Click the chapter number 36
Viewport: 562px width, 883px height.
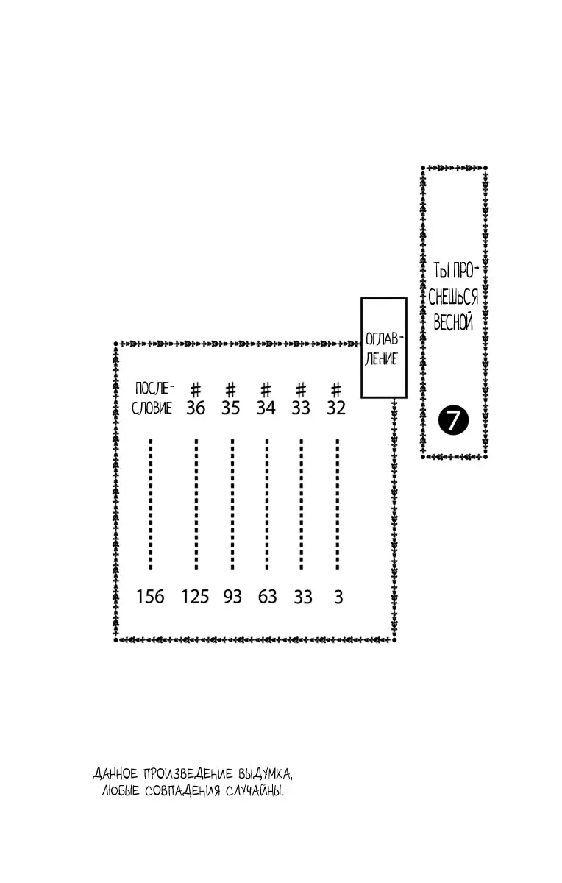point(196,408)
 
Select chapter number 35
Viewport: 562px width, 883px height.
point(230,408)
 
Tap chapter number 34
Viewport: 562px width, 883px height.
point(266,408)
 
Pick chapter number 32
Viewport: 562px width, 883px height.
point(336,408)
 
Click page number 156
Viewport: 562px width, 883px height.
point(150,597)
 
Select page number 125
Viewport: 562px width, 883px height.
point(195,597)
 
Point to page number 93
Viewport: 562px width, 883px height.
point(232,597)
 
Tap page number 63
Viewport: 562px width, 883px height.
point(268,597)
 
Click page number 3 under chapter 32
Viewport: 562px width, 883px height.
point(338,597)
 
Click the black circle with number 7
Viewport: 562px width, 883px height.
point(453,420)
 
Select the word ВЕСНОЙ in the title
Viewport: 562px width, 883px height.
point(453,322)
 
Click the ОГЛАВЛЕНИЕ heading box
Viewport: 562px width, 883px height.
point(384,347)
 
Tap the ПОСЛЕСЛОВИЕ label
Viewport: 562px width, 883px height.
point(153,399)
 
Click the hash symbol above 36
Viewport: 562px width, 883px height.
point(196,390)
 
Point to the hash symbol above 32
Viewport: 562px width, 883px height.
point(336,390)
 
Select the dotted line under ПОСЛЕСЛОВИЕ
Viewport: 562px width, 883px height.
point(151,504)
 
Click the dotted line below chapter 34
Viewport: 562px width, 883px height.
point(267,504)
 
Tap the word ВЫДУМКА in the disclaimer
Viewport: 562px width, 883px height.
point(266,773)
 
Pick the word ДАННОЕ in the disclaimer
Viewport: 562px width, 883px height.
point(115,773)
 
